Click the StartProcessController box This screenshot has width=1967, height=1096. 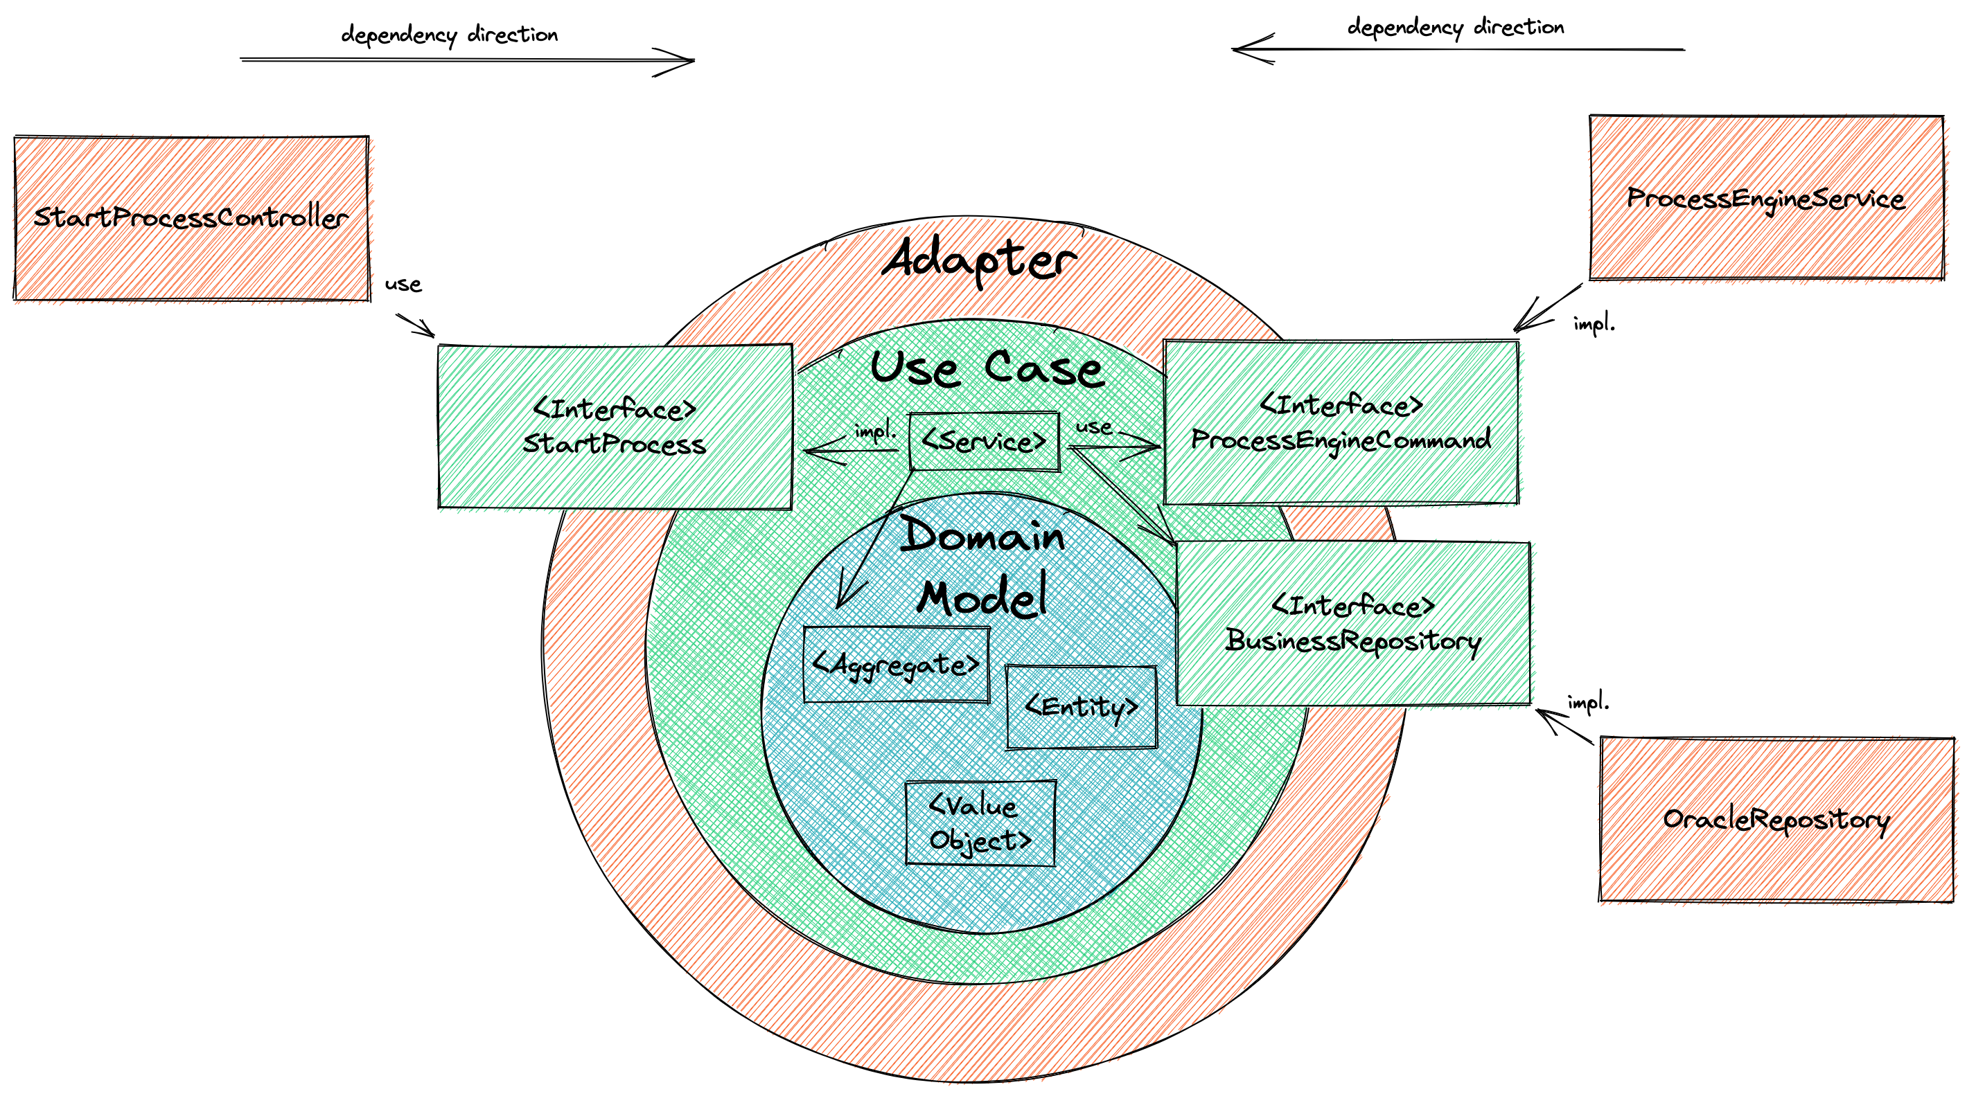tap(191, 218)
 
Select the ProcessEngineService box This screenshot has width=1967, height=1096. tap(1765, 199)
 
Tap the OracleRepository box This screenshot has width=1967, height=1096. tap(1776, 819)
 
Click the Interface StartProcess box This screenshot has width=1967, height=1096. tap(615, 426)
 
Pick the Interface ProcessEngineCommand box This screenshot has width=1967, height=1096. tap(1341, 422)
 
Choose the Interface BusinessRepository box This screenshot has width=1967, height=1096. tap(1353, 624)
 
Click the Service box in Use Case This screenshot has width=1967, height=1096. tap(984, 441)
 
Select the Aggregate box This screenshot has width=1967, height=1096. tap(896, 665)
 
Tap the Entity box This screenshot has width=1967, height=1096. tap(1082, 707)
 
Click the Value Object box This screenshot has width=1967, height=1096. tap(980, 823)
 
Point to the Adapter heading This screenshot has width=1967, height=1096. tap(979, 260)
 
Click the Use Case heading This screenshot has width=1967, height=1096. tap(986, 368)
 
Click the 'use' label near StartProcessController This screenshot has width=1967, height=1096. tap(403, 285)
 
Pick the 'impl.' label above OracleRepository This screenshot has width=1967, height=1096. tap(1587, 701)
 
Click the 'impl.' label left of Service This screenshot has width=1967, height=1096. tap(875, 432)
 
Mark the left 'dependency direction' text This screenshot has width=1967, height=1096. tap(449, 35)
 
